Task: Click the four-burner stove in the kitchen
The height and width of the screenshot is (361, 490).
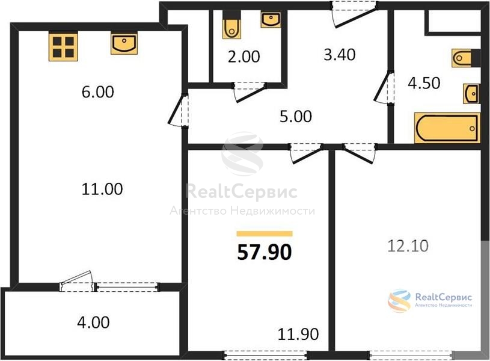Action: (63, 47)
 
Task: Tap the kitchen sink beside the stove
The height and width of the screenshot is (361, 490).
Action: (124, 44)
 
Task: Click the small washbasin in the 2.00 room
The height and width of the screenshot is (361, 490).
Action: (271, 20)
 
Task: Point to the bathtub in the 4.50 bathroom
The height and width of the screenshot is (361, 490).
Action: (447, 128)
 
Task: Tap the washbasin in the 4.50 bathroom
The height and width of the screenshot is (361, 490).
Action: (471, 93)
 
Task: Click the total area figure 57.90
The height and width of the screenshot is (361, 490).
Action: (265, 252)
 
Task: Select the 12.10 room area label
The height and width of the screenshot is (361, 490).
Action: (408, 246)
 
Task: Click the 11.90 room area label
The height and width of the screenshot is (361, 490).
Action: (298, 334)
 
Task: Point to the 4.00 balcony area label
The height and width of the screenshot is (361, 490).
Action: (93, 322)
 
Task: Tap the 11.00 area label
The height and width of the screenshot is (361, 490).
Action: (102, 189)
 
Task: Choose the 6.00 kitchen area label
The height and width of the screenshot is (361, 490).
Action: (98, 92)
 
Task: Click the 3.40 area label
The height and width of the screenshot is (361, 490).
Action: (339, 55)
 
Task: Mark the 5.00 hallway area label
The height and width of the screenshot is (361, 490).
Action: (296, 116)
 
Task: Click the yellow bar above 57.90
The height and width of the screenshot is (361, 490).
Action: (265, 233)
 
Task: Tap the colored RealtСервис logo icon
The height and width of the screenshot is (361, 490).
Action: (399, 301)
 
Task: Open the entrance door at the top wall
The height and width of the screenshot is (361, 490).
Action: (355, 14)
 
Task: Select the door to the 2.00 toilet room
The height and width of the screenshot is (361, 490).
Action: (250, 92)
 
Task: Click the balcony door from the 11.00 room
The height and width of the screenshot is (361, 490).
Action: (77, 281)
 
